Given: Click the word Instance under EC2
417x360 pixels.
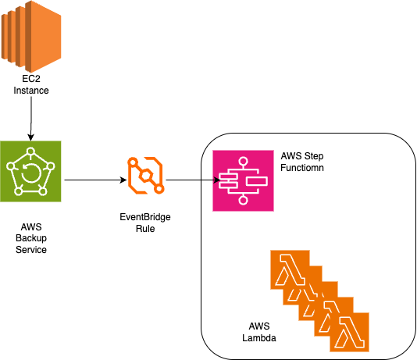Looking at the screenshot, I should point(31,91).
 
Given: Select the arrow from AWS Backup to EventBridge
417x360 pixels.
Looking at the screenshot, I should point(94,180).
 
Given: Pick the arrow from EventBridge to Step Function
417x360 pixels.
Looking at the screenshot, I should point(187,180).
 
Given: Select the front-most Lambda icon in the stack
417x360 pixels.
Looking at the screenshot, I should point(350,330).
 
